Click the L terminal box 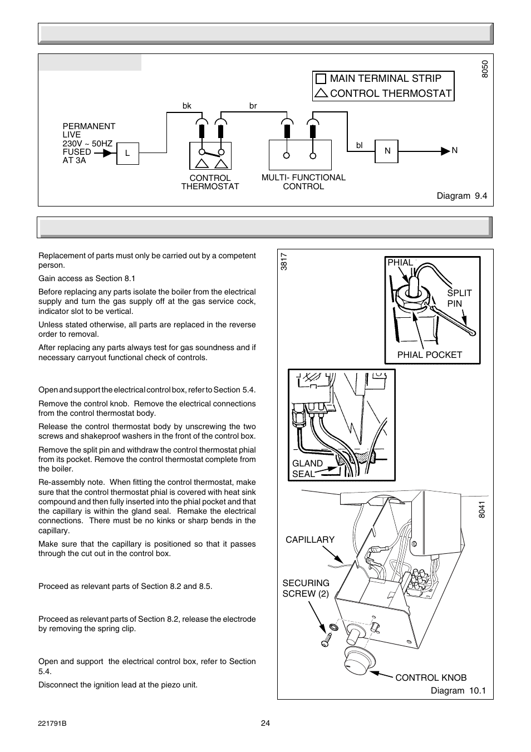tap(127, 153)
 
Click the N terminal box tap(387, 151)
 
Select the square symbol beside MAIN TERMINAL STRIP tap(321, 78)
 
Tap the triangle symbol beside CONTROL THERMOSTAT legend tap(321, 94)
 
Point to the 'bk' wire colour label tap(187, 106)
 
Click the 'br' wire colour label tap(253, 106)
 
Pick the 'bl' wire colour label tap(360, 145)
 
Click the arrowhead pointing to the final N tap(445, 151)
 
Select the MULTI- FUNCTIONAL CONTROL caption tap(303, 182)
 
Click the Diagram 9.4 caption tap(461, 196)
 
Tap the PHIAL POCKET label tap(429, 355)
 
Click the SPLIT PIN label tap(459, 298)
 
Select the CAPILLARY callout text tap(310, 539)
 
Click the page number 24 tap(265, 724)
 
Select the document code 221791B tap(52, 724)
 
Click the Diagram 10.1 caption tap(458, 691)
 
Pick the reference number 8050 tap(485, 69)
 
